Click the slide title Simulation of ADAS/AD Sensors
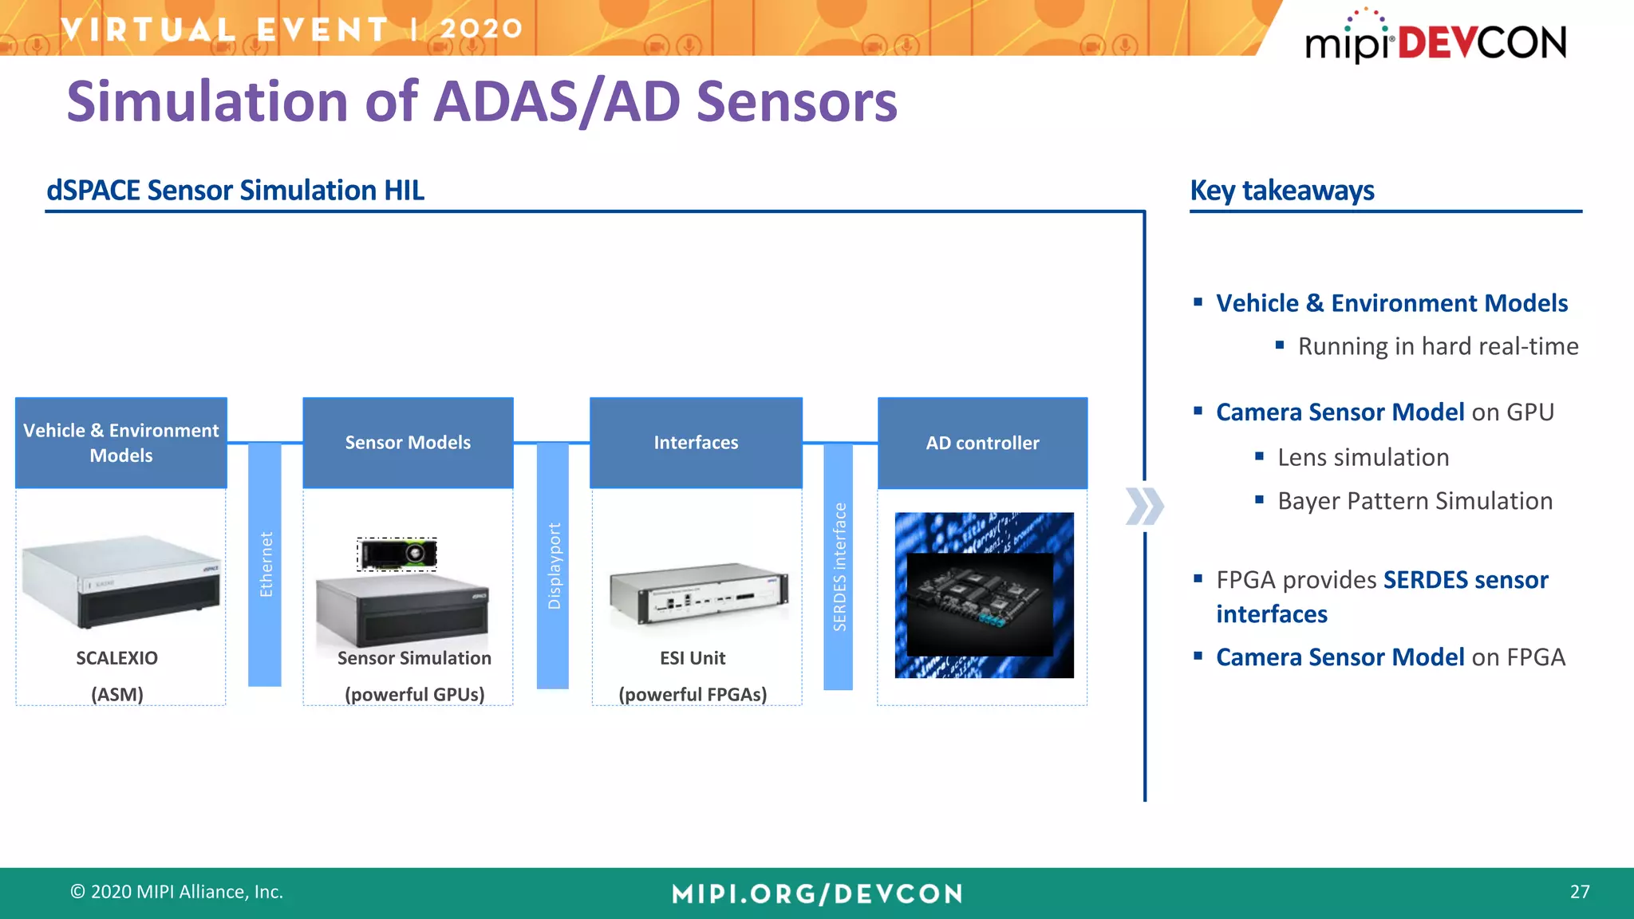(482, 102)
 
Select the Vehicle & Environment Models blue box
(121, 443)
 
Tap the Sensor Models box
(408, 443)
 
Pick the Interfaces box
(696, 443)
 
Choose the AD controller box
(982, 444)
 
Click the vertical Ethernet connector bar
(265, 564)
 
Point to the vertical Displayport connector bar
(553, 566)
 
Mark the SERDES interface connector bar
(838, 566)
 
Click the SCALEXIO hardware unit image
(121, 581)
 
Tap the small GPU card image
(397, 554)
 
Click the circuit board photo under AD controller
(984, 595)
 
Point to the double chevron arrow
(1144, 507)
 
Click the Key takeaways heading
(1281, 191)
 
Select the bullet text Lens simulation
(1363, 457)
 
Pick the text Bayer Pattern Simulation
(1415, 501)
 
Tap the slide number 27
(1579, 892)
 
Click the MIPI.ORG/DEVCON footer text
(817, 893)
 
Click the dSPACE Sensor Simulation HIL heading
(235, 191)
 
